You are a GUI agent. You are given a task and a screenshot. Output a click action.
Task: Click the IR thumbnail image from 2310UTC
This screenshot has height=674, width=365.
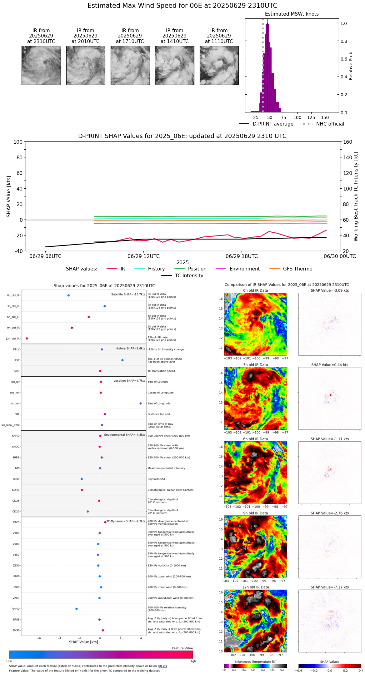coord(41,65)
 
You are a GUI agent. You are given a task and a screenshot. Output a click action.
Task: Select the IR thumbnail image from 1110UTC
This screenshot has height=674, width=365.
coord(219,65)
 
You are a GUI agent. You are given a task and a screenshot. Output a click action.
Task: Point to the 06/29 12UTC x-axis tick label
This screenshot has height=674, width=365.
coord(143,256)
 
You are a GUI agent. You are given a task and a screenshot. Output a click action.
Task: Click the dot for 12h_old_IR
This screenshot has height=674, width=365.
coord(27,339)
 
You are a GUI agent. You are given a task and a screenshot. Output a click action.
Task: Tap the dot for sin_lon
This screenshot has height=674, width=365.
coord(141,404)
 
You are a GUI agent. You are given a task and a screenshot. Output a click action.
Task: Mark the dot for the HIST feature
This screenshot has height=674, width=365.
coord(122,360)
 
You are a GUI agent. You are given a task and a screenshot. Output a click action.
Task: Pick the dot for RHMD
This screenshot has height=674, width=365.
coord(77,609)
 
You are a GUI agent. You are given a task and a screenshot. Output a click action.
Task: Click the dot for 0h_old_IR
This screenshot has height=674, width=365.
coord(68,295)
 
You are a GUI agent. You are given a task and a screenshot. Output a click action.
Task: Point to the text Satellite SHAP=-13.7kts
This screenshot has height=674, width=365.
coord(128,295)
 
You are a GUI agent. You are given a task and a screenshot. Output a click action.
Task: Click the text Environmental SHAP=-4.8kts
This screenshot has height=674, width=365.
coord(125,435)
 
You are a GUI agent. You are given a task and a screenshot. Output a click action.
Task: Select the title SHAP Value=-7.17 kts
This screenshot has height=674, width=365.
coord(330,587)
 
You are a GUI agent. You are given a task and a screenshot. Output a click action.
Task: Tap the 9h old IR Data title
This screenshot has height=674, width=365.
coord(255,513)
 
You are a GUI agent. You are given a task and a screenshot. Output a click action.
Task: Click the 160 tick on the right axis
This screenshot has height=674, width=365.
coord(348,142)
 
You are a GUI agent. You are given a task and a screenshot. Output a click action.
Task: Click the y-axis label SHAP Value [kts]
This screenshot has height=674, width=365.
coord(9,196)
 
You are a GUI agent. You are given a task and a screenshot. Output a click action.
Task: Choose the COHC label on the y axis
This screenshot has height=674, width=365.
coord(16,490)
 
